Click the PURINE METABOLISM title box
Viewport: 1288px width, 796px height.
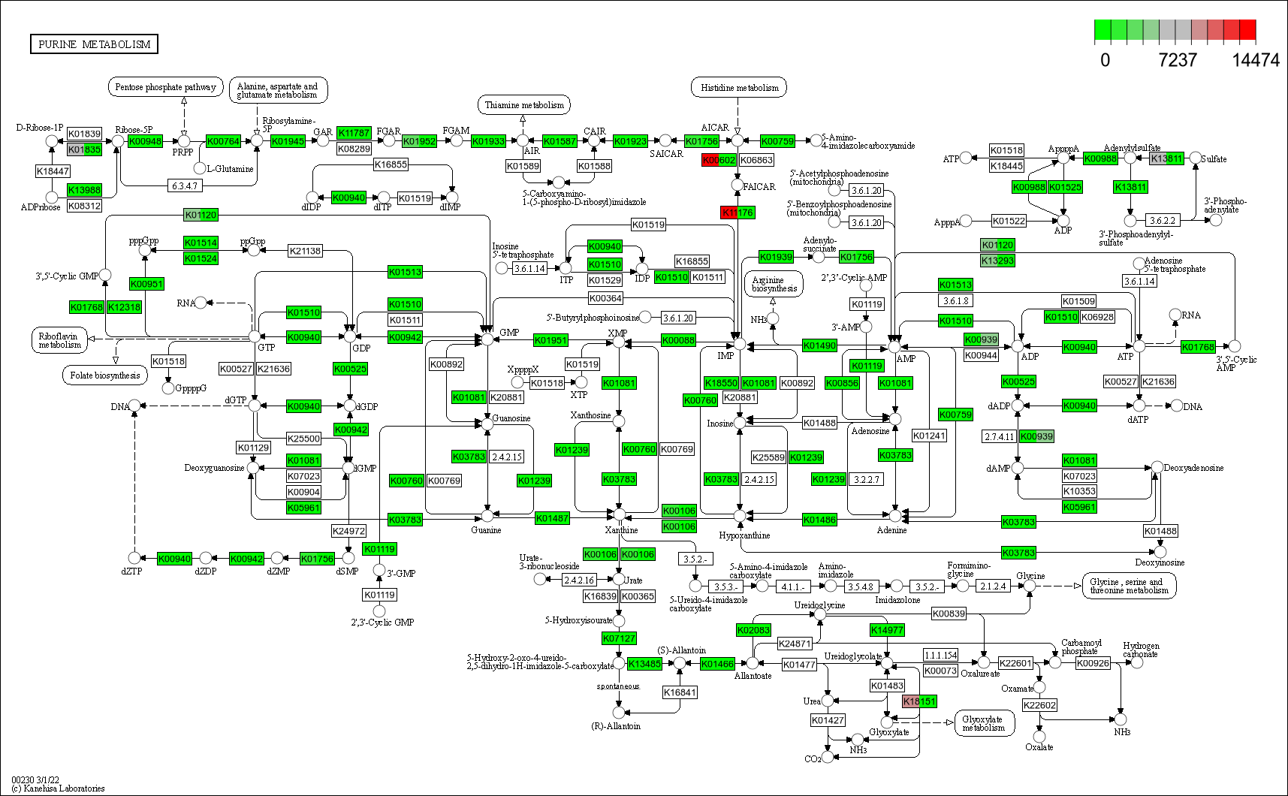click(94, 44)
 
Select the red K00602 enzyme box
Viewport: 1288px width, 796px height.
click(719, 160)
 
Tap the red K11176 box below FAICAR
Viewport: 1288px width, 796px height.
click(737, 213)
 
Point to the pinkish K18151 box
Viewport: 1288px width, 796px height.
click(919, 701)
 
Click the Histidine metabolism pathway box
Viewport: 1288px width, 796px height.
click(739, 88)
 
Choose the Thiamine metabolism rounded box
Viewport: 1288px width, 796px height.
click(523, 105)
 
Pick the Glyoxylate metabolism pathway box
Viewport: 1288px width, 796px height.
click(984, 723)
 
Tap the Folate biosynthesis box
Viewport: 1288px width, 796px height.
click(104, 375)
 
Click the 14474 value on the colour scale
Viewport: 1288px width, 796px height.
click(1255, 60)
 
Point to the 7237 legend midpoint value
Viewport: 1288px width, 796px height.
click(1177, 60)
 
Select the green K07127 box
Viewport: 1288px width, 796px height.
click(619, 638)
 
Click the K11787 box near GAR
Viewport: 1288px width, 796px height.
click(354, 133)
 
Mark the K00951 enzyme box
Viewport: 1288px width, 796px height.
click(146, 284)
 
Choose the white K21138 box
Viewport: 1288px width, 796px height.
click(304, 251)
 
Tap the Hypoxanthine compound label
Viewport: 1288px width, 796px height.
click(744, 535)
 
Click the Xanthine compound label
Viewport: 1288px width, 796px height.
click(621, 530)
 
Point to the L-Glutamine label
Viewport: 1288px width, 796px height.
click(230, 169)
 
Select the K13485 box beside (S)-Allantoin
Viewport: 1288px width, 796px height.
click(644, 664)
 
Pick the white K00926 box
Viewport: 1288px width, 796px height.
click(1093, 663)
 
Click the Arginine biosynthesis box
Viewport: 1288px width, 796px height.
click(774, 284)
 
